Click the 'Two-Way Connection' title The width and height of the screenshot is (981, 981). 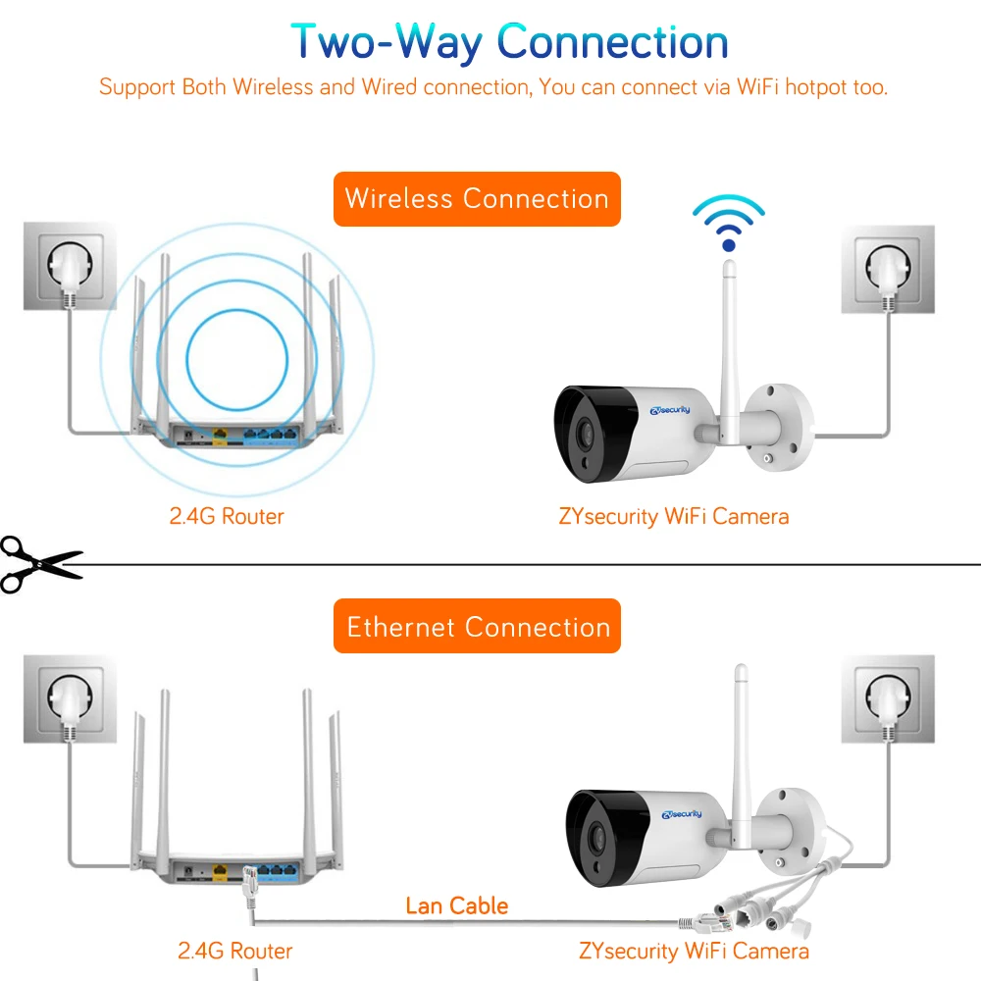[x=509, y=42]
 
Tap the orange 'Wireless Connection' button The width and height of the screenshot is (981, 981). [x=477, y=199]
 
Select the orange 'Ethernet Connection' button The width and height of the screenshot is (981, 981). [x=478, y=627]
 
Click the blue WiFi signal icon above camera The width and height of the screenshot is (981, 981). [x=727, y=223]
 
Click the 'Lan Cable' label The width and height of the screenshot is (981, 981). [x=457, y=904]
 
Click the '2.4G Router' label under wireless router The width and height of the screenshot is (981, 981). [x=227, y=516]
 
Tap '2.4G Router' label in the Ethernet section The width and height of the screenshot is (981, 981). [x=234, y=951]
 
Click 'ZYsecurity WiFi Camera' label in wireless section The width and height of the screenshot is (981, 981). [x=673, y=516]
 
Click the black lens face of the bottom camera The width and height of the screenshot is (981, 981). [x=600, y=831]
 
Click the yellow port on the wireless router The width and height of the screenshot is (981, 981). [x=220, y=433]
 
